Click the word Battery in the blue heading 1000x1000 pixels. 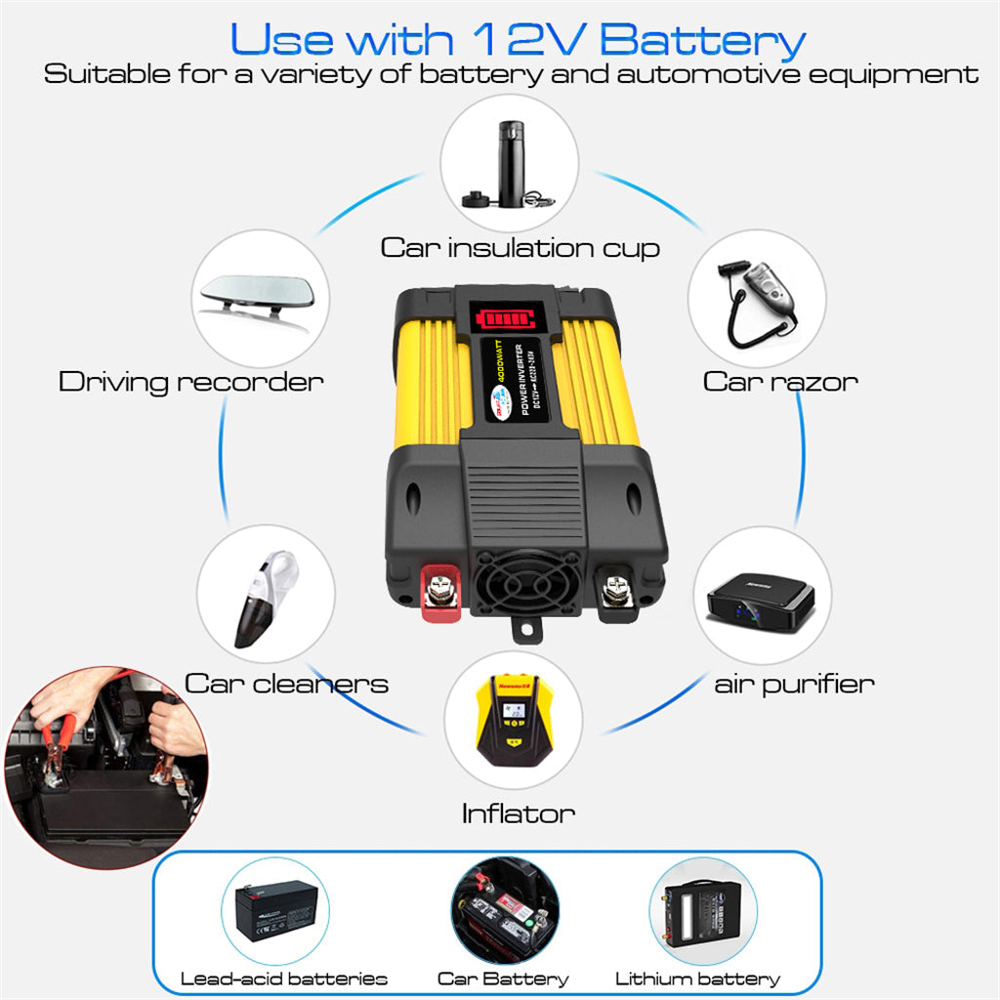point(702,41)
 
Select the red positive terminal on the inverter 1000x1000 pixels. point(435,592)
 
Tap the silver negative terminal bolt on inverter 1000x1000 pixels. point(615,589)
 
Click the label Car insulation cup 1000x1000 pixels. point(520,247)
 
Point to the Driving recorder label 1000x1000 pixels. point(190,381)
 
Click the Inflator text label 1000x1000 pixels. point(518,812)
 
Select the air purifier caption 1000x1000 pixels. point(794,683)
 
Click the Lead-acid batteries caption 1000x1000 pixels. point(284,979)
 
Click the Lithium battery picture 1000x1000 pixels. point(702,910)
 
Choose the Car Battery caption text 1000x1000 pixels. point(502,979)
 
